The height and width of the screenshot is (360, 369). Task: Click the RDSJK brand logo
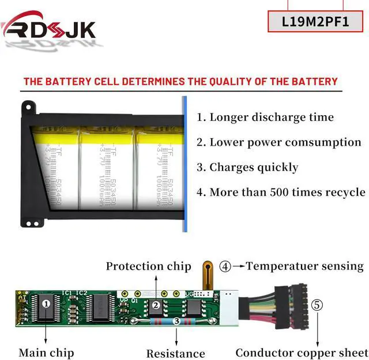pyautogui.click(x=49, y=28)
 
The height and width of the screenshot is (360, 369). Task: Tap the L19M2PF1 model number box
pyautogui.click(x=315, y=21)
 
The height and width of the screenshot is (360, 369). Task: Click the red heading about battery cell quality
pyautogui.click(x=180, y=81)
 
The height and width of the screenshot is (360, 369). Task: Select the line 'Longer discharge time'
pyautogui.click(x=265, y=118)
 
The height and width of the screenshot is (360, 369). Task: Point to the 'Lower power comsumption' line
pyautogui.click(x=279, y=142)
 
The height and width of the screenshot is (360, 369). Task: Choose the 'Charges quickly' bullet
pyautogui.click(x=247, y=168)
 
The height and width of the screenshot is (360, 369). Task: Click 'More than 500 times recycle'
pyautogui.click(x=281, y=192)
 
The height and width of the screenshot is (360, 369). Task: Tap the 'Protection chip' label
pyautogui.click(x=148, y=266)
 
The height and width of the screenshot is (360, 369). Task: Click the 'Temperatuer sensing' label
pyautogui.click(x=305, y=266)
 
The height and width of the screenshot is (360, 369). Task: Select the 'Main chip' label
pyautogui.click(x=46, y=353)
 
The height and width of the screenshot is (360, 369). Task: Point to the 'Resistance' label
pyautogui.click(x=175, y=354)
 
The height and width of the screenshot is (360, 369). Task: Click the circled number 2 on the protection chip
pyautogui.click(x=155, y=305)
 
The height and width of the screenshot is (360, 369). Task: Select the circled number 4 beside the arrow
pyautogui.click(x=225, y=266)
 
